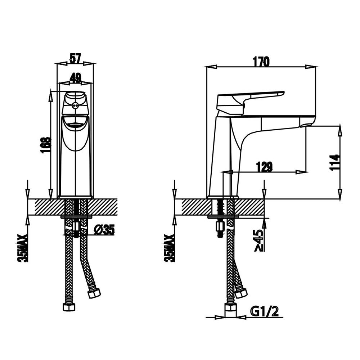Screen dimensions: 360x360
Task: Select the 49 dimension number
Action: (75, 78)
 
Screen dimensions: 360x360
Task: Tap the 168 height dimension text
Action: (45, 145)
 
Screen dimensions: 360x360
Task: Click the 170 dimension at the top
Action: (261, 62)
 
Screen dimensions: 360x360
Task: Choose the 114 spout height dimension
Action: (334, 162)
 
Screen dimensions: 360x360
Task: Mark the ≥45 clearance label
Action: (259, 240)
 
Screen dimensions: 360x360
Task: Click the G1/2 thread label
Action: (265, 311)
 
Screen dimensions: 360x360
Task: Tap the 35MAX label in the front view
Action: (22, 248)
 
